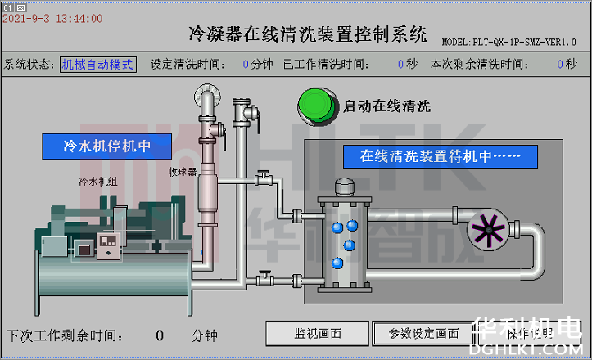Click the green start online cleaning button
click(x=317, y=106)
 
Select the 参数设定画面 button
click(x=423, y=333)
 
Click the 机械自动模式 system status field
click(x=97, y=64)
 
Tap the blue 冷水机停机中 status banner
click(x=106, y=146)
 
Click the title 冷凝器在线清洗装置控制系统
click(x=307, y=34)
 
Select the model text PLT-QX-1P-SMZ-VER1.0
click(x=509, y=41)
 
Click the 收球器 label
click(x=183, y=172)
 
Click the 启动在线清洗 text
click(x=386, y=106)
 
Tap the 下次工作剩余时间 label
click(x=66, y=335)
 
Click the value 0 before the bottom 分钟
click(x=160, y=335)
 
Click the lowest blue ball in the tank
click(x=337, y=263)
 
